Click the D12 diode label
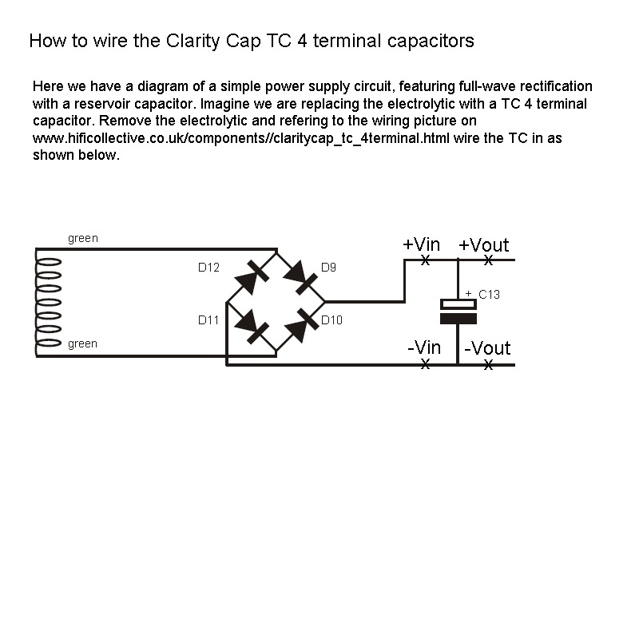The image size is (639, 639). (x=208, y=268)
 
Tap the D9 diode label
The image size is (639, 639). (x=328, y=268)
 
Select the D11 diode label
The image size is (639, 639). (x=208, y=320)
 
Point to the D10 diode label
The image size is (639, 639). (x=331, y=320)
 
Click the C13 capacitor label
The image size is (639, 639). (x=489, y=295)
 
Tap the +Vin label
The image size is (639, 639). (x=421, y=244)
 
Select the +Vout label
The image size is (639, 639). (x=483, y=244)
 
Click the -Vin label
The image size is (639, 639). (x=423, y=348)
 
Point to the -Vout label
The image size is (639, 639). (x=487, y=348)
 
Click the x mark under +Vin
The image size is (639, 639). (x=425, y=260)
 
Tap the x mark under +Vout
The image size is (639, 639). (x=488, y=260)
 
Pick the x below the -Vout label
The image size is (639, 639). (x=488, y=365)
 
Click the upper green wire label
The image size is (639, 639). (x=83, y=238)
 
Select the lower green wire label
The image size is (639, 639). (x=83, y=343)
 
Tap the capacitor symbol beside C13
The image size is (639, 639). (x=458, y=311)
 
